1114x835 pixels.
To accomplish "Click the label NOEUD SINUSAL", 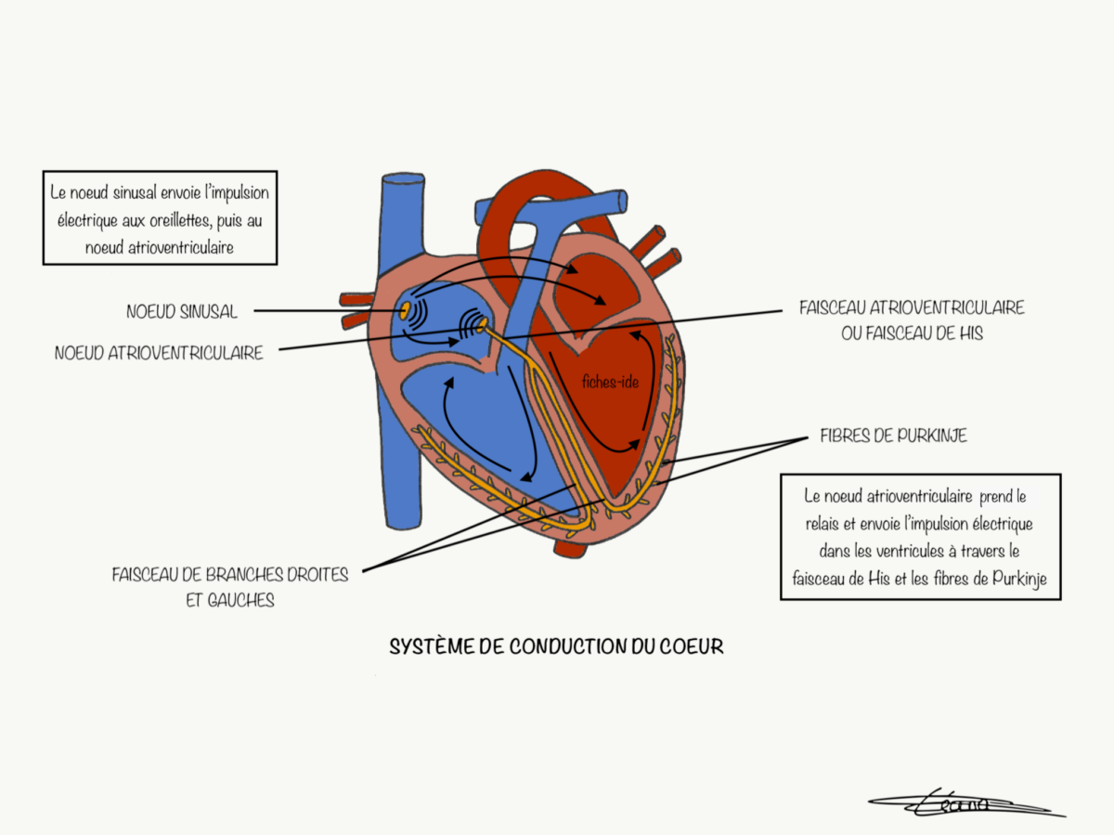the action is coord(182,311).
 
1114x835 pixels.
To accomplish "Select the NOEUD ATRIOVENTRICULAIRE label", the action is coord(159,353).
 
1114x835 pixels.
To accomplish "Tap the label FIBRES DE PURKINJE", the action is coord(894,436).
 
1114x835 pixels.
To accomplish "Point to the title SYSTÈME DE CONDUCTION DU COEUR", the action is coord(556,646).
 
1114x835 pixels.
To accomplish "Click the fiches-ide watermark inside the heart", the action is coord(610,382).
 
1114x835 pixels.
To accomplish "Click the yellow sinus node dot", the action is coord(405,310).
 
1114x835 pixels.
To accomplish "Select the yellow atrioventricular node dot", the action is coord(482,323).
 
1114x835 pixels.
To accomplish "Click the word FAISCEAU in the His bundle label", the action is coord(832,307).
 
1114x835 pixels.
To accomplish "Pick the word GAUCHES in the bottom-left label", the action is coord(241,601).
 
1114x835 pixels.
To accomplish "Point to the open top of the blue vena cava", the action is coord(404,178).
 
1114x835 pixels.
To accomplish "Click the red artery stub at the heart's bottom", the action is coord(570,550).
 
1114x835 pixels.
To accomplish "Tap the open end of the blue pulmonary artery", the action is coord(622,201).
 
